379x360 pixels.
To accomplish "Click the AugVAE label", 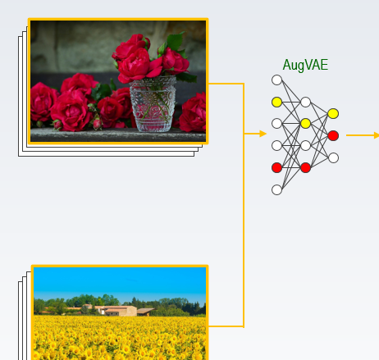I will pyautogui.click(x=305, y=65).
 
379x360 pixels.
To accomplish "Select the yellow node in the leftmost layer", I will pyautogui.click(x=277, y=102).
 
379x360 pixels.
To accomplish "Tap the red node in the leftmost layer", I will pyautogui.click(x=277, y=167).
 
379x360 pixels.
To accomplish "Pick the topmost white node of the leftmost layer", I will pyautogui.click(x=277, y=80).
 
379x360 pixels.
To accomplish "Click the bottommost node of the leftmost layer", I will pyautogui.click(x=277, y=189).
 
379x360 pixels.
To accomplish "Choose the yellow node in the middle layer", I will pyautogui.click(x=305, y=124).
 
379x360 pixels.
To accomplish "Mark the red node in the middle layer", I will pyautogui.click(x=305, y=167).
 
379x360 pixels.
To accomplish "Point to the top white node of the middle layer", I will pyautogui.click(x=305, y=103).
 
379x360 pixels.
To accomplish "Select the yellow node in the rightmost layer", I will pyautogui.click(x=333, y=113).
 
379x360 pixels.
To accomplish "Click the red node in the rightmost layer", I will pyautogui.click(x=333, y=135).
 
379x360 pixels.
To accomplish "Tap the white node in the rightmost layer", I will pyautogui.click(x=333, y=157).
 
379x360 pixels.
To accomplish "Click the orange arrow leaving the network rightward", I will pyautogui.click(x=362, y=135).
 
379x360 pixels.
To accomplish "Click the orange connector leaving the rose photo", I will pyautogui.click(x=226, y=84).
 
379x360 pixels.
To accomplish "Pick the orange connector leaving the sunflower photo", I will pyautogui.click(x=226, y=326).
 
